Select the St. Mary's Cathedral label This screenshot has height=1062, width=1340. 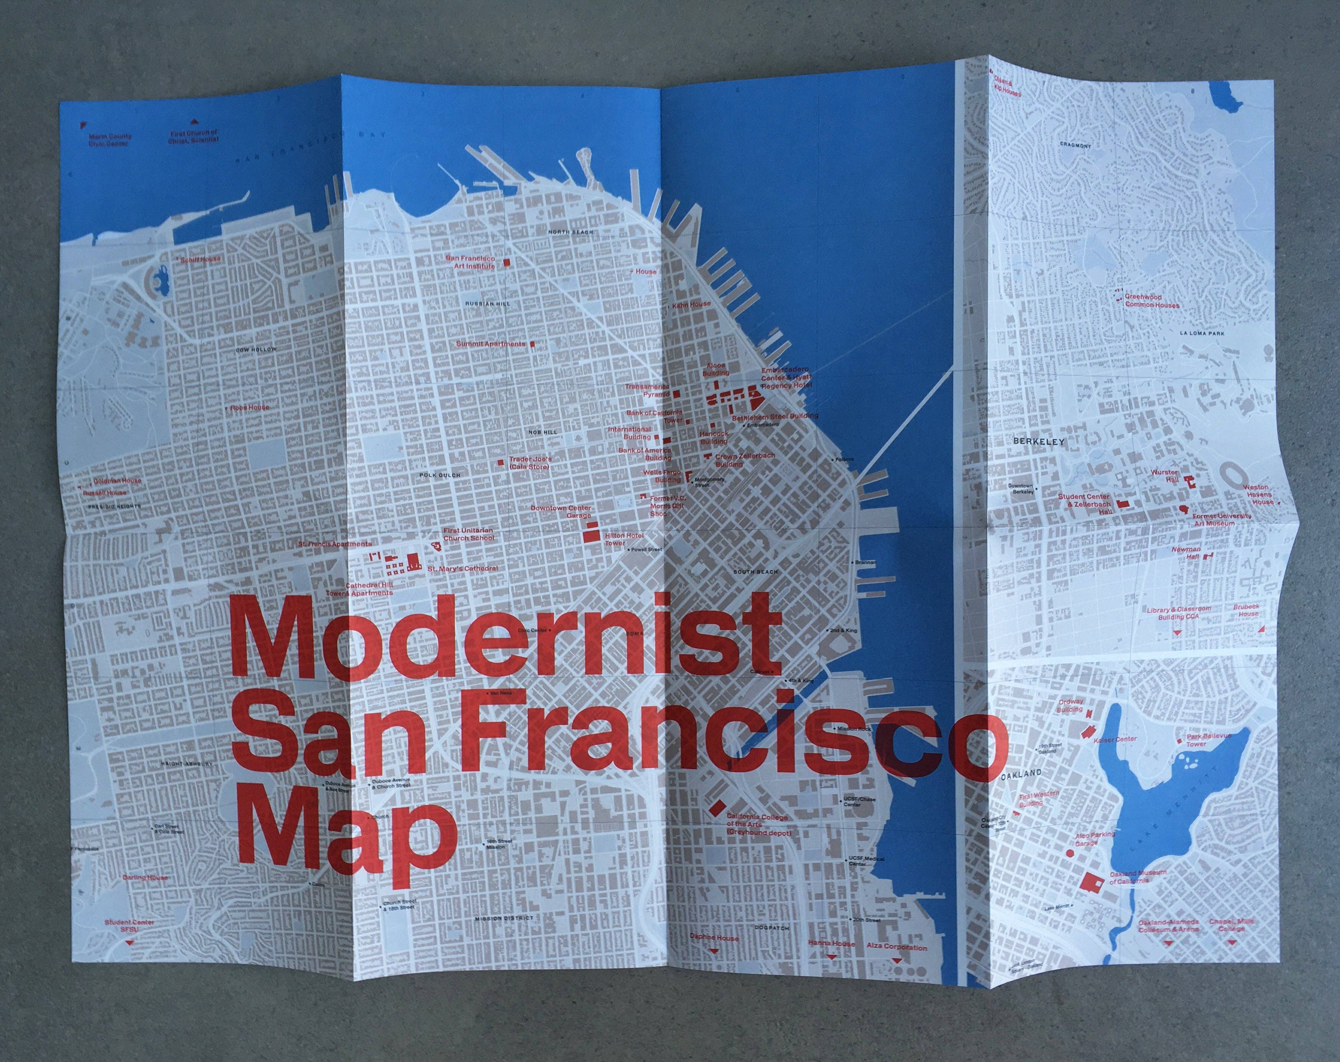pos(462,568)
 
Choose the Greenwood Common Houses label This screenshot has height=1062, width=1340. pos(1150,301)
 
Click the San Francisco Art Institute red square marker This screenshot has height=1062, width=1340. pos(506,263)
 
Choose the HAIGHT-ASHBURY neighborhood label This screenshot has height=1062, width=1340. pos(187,764)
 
